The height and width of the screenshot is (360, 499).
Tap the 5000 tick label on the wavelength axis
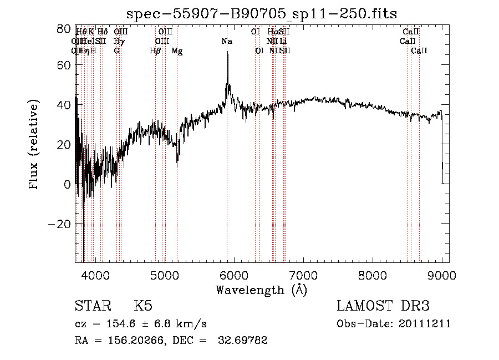164,275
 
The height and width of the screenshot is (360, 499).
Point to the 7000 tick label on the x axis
303,275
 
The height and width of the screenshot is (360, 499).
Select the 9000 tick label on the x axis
442,275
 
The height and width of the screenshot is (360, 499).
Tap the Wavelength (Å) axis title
261,290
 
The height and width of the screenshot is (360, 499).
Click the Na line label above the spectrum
227,42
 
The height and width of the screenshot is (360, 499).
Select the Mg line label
177,51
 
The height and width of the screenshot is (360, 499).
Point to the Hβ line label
155,51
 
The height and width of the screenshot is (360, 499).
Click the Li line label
283,42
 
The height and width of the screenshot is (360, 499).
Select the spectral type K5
143,306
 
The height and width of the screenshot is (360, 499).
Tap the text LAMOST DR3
383,306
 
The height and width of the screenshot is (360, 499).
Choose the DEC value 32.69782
243,341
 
